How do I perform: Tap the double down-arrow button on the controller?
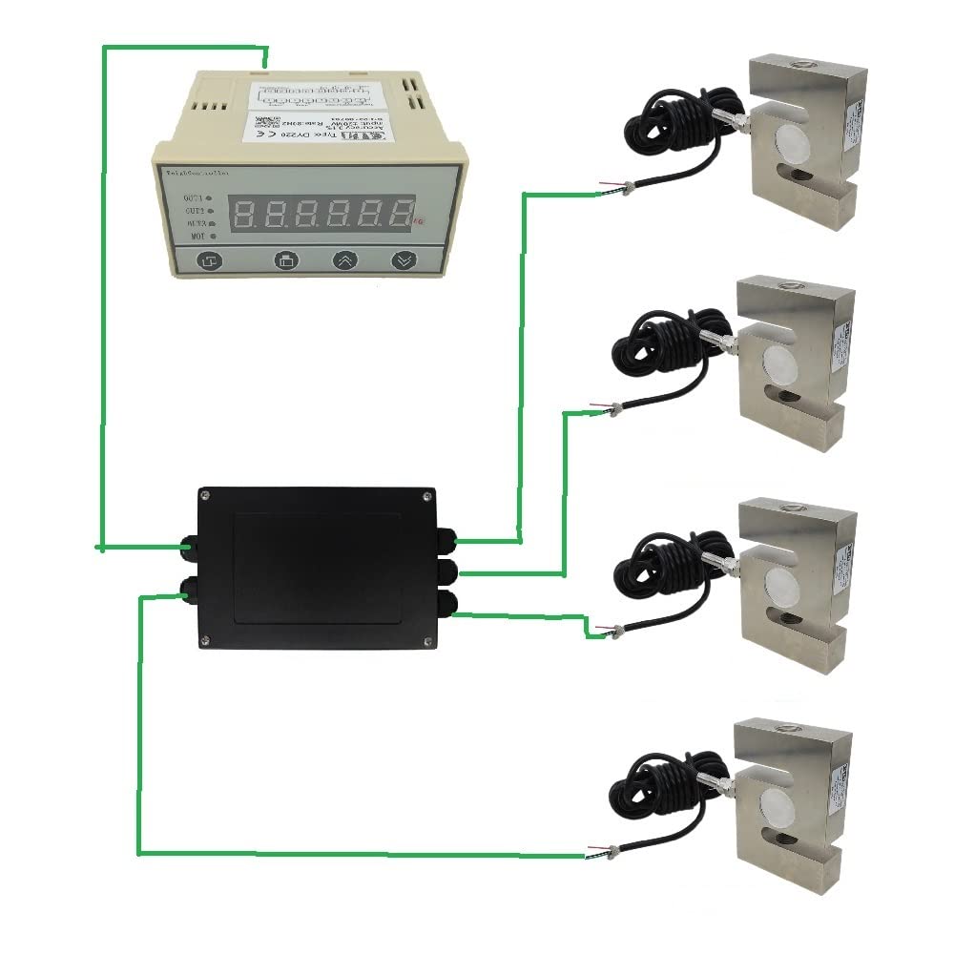[x=404, y=259]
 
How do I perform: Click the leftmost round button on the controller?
[x=210, y=260]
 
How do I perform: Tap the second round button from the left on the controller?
[x=287, y=260]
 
